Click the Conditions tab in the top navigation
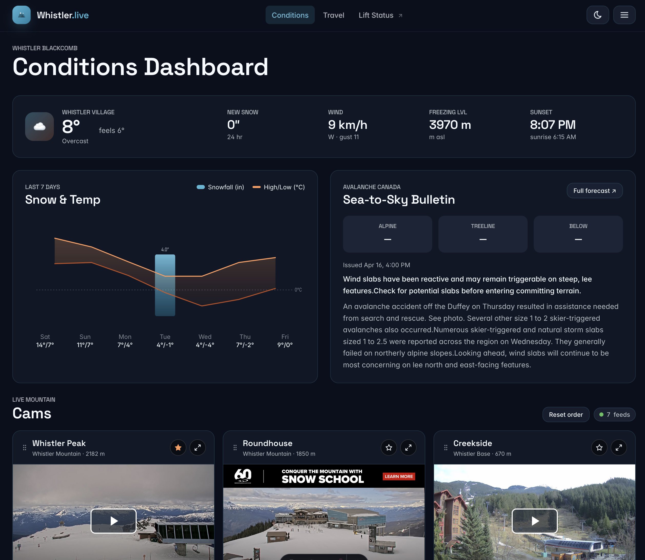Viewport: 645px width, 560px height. click(290, 15)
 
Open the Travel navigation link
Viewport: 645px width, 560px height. click(333, 15)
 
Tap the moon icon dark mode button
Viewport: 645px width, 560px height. click(597, 15)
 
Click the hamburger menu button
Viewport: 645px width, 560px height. click(624, 15)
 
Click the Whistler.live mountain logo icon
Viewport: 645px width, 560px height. click(21, 15)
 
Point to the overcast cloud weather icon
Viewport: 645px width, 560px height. click(39, 127)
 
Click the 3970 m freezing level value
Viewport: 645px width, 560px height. click(450, 125)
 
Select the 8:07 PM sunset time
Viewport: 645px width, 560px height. click(552, 125)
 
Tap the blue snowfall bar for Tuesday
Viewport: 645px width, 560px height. click(165, 285)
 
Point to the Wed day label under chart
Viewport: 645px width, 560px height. click(205, 337)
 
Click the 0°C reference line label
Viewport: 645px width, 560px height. click(298, 290)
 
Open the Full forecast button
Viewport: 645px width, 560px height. click(594, 191)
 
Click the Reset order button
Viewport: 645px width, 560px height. click(565, 414)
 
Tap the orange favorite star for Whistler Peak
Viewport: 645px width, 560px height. click(178, 448)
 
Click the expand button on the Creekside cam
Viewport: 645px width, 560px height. click(618, 448)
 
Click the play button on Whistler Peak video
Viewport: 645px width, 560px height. click(114, 521)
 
